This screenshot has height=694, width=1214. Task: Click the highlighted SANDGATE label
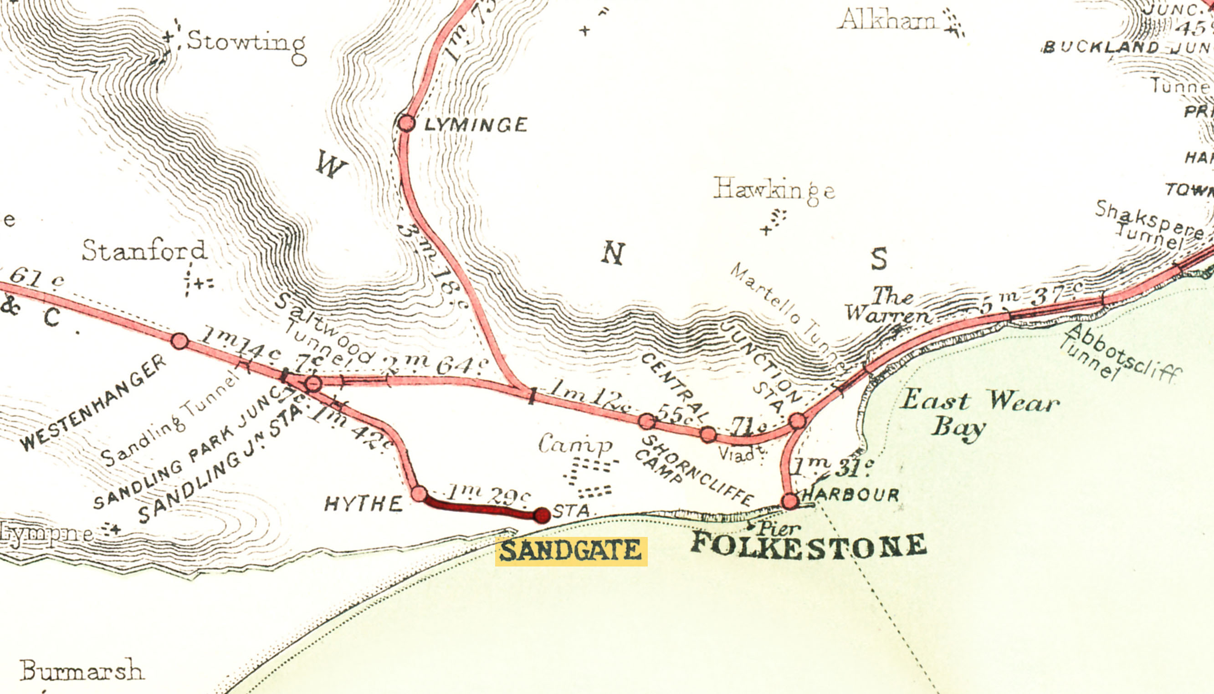571,551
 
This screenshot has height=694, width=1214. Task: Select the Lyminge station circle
406,123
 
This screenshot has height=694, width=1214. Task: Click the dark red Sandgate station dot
542,515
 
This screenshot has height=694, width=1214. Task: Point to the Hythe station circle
419,493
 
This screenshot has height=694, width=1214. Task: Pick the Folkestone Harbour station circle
789,501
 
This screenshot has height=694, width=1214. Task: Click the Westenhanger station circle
179,341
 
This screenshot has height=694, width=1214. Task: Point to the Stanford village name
144,251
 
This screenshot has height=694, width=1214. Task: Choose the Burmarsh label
81,671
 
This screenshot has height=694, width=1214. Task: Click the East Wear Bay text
978,413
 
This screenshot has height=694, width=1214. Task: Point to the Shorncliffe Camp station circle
646,421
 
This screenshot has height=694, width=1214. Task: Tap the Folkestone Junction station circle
797,421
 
